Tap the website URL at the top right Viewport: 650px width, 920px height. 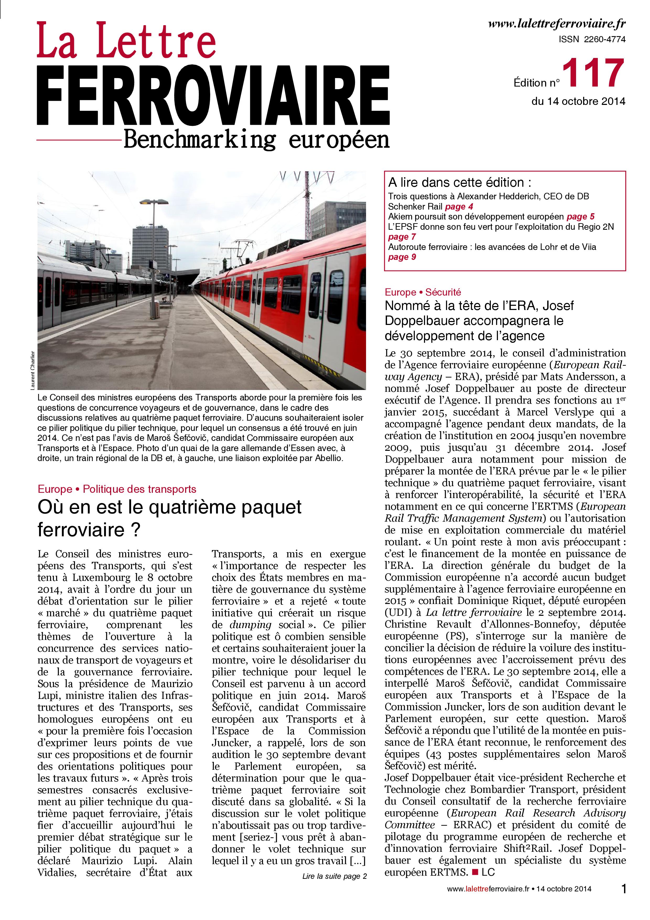557,24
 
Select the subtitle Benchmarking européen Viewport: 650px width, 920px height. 256,140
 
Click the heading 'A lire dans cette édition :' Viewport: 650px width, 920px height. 460,183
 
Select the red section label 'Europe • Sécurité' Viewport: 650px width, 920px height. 423,292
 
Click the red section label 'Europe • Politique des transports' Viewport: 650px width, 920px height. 117,489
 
